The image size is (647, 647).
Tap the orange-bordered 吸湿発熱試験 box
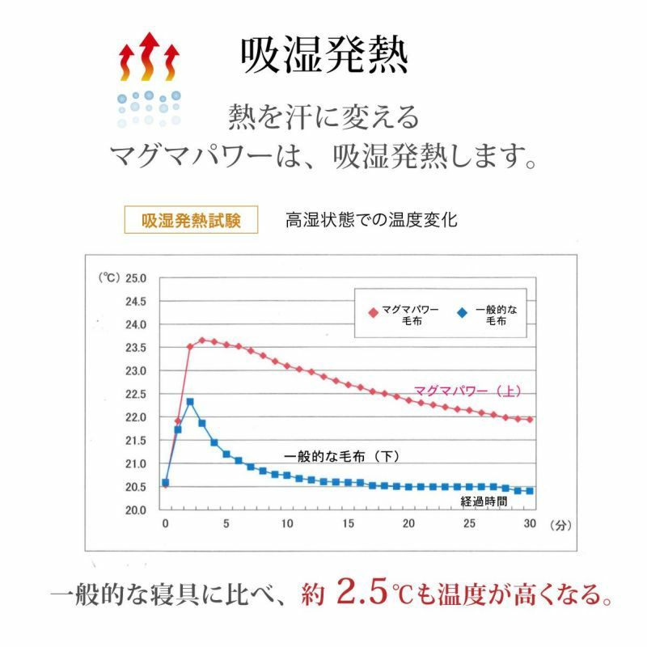191,220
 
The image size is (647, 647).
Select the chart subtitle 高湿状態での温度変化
371,220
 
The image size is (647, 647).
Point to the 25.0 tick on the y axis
134,278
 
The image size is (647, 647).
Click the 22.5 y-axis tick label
134,394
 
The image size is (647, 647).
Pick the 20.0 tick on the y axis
134,510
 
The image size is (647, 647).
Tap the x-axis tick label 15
348,524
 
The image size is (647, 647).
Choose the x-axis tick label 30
531,524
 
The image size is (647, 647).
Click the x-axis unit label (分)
560,524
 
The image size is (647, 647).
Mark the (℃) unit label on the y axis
108,278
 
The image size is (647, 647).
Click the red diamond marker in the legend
373,311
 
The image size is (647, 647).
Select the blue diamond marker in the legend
462,311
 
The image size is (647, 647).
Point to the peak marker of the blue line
189,401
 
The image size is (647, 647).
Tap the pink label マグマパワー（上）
467,391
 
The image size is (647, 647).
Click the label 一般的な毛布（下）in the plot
343,456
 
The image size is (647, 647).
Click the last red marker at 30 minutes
531,420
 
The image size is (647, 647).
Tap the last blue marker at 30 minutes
531,491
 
